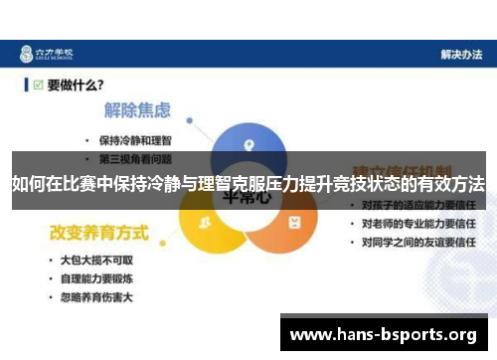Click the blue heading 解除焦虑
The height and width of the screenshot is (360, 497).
(137, 110)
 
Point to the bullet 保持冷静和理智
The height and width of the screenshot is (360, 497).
(139, 139)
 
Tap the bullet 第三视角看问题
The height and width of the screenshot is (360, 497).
(139, 157)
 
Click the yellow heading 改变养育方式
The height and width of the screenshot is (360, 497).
(99, 234)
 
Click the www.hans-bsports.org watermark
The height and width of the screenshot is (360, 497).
(382, 334)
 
